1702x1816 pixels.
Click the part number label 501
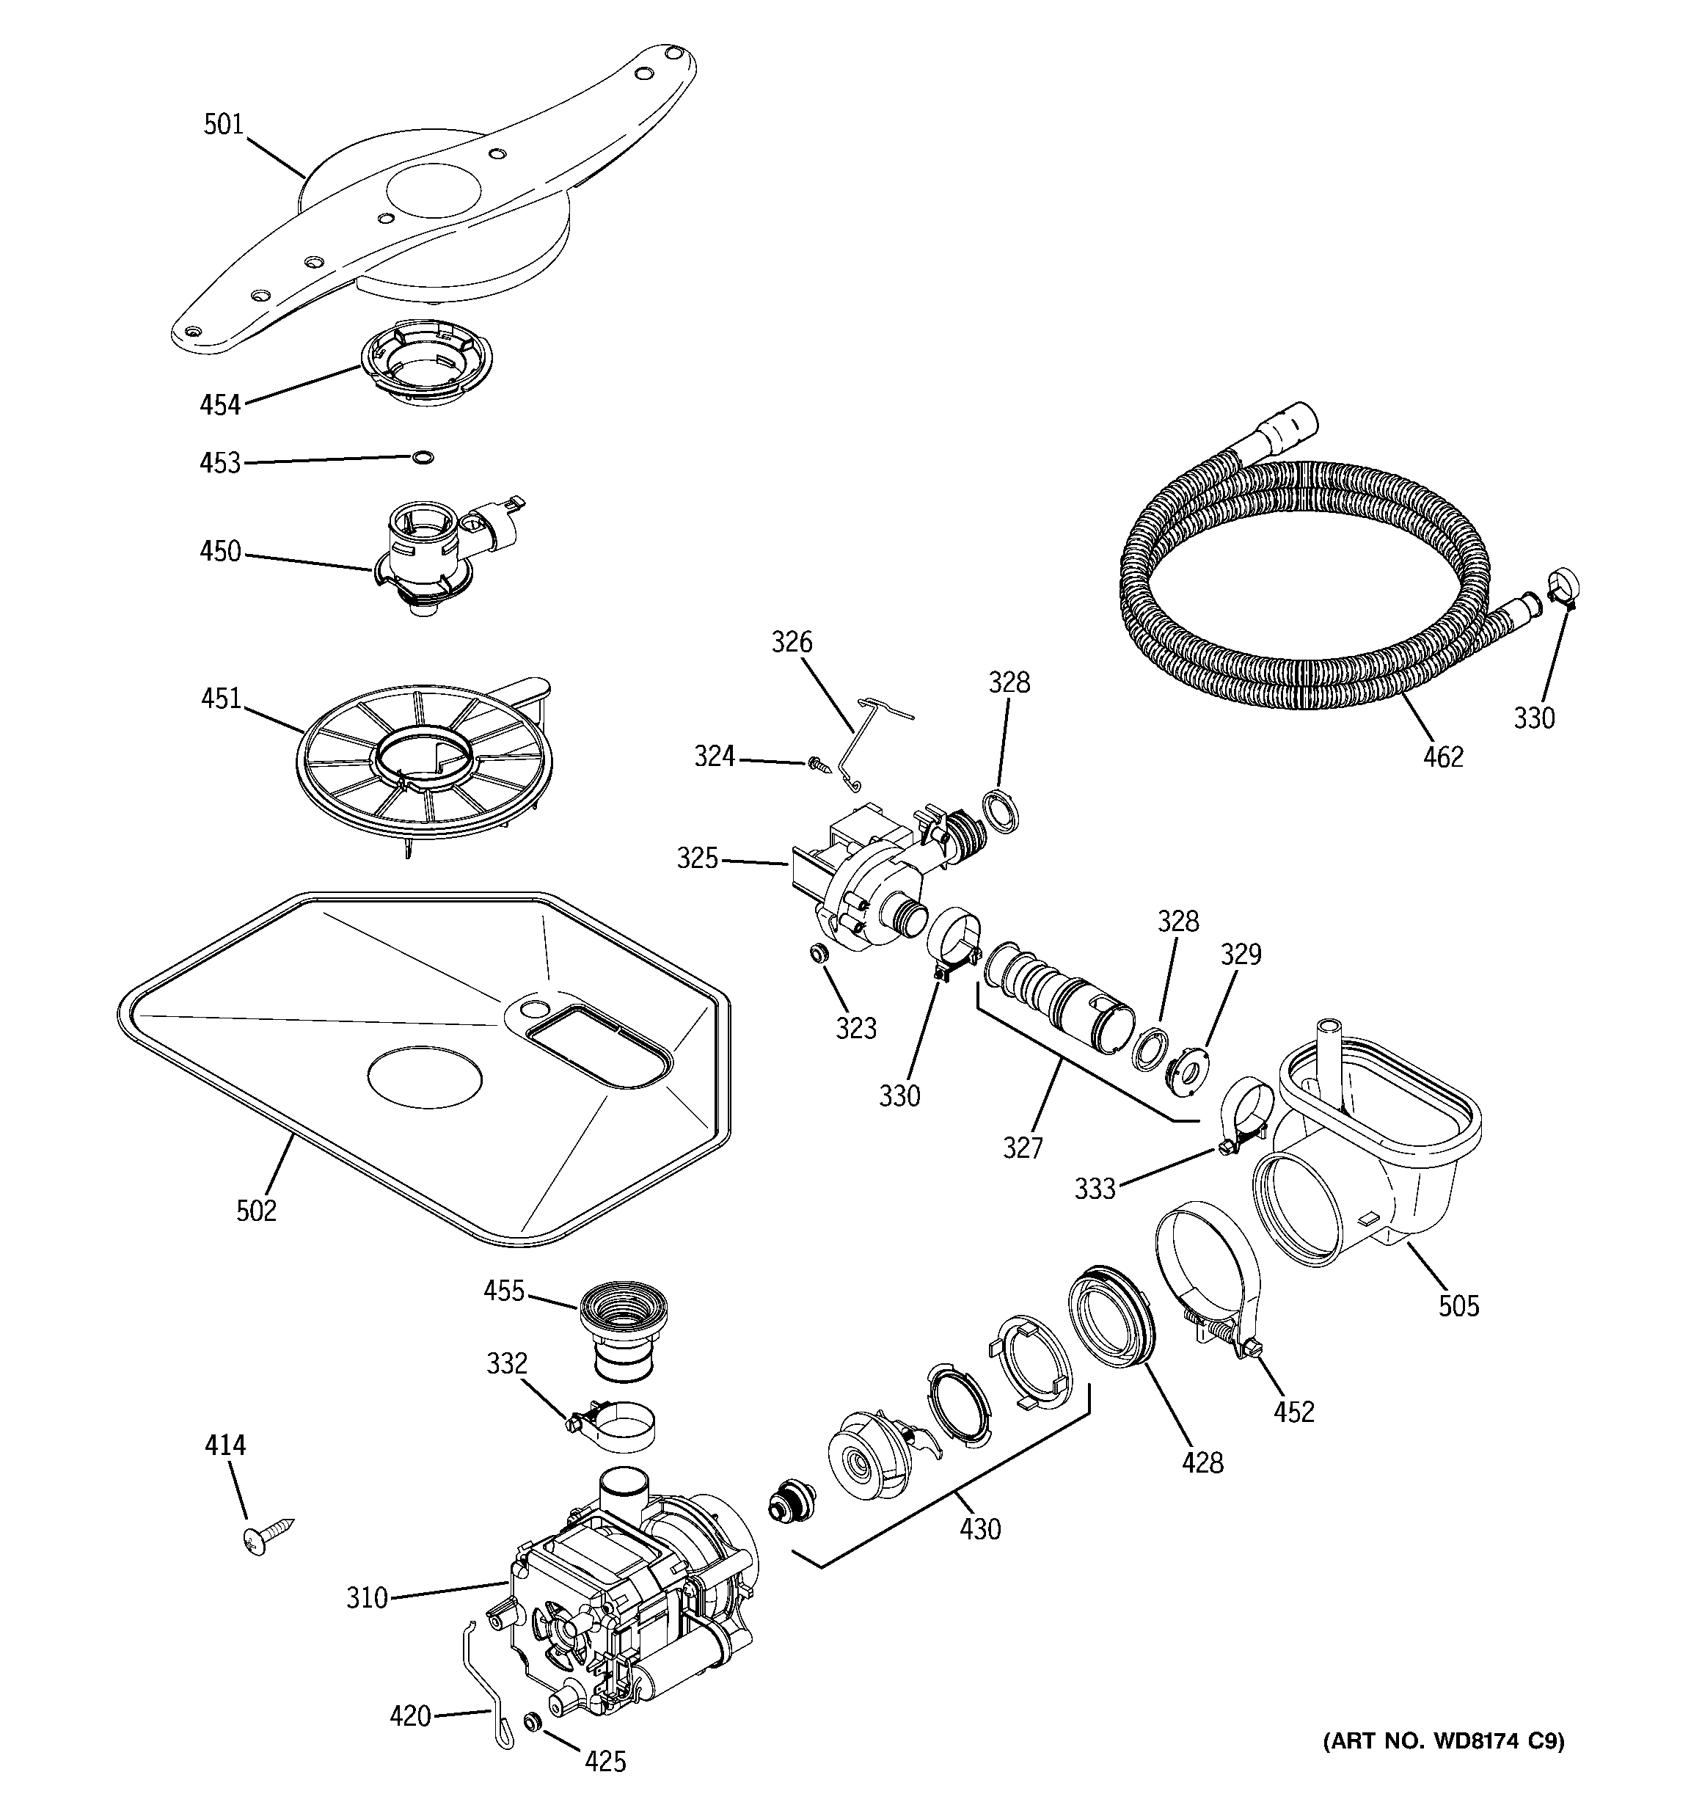(x=224, y=124)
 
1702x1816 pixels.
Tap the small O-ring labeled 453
(x=421, y=456)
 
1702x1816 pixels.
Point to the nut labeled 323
(x=819, y=954)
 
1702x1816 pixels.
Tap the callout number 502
(x=256, y=1211)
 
